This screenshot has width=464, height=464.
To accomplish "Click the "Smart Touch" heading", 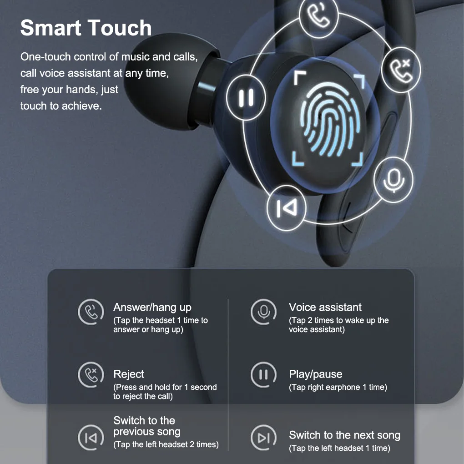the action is [86, 28].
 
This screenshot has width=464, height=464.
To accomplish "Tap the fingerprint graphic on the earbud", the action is [330, 119].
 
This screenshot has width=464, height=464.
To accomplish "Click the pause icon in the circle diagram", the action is [246, 97].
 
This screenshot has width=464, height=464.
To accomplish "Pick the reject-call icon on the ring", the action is [401, 70].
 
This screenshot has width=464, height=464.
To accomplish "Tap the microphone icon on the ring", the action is [393, 180].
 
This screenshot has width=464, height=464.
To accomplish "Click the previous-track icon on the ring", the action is [287, 208].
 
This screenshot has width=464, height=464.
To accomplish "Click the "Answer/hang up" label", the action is [152, 308].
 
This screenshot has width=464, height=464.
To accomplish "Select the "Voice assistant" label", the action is [325, 307].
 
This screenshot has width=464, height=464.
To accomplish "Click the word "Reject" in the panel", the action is [129, 374].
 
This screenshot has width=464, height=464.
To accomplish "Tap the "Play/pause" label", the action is [315, 374].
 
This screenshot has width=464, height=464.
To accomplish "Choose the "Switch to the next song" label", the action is [344, 435].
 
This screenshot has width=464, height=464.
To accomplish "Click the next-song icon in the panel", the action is [263, 438].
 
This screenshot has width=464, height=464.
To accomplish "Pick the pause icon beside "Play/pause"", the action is [263, 375].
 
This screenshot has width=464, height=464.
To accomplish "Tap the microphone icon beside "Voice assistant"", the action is [263, 312].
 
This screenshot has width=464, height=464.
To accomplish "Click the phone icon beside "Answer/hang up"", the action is [91, 312].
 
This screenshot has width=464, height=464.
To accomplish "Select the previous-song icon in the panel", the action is [91, 438].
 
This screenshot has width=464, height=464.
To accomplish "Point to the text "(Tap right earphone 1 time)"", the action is [338, 388].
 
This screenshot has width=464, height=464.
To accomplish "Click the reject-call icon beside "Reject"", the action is [91, 375].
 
